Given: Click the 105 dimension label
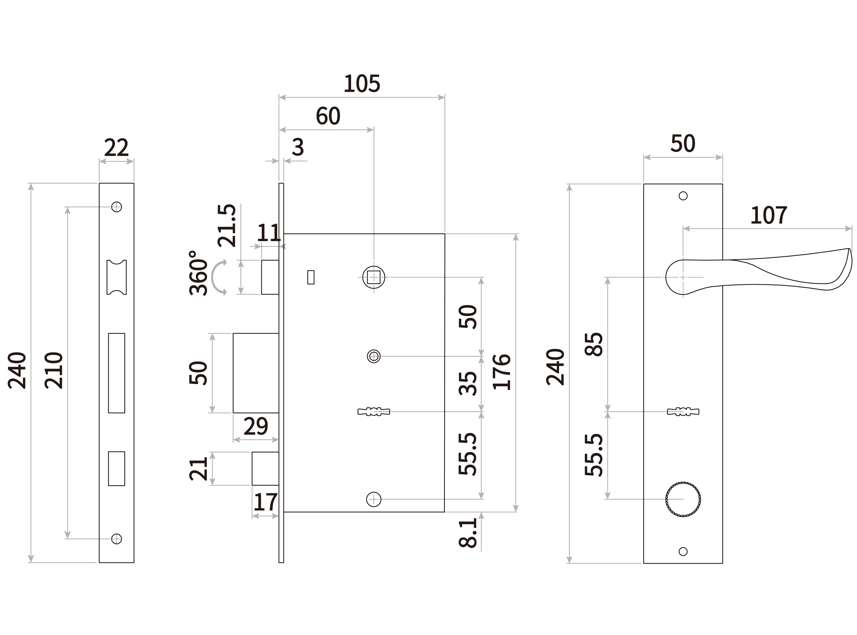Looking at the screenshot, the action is click(362, 84).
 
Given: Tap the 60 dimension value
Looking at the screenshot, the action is click(328, 116).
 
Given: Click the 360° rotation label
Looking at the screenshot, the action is click(198, 273).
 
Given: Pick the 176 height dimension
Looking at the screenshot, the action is click(502, 372).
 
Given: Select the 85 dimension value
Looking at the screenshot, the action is click(594, 344).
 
